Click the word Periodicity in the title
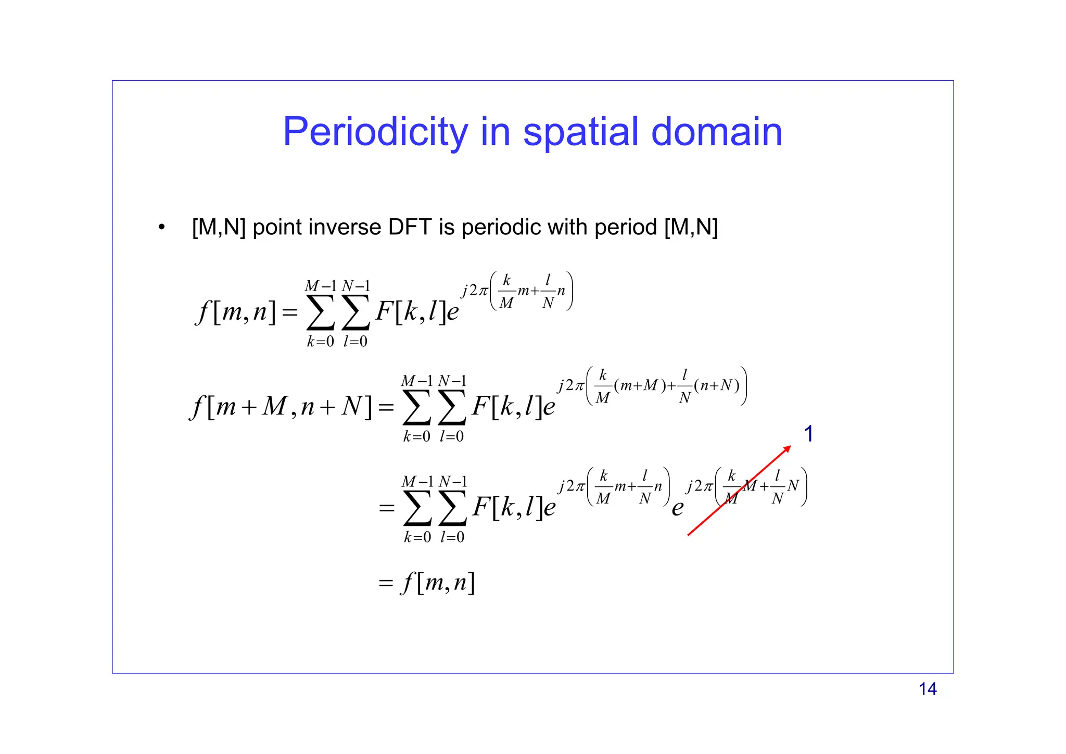point(375,132)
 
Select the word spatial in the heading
point(580,132)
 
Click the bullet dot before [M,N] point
point(162,227)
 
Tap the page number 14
point(928,689)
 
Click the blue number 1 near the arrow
point(808,434)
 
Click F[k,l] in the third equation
point(507,507)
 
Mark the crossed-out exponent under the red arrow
point(747,487)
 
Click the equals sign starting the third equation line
point(387,508)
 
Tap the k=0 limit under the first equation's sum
point(320,342)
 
